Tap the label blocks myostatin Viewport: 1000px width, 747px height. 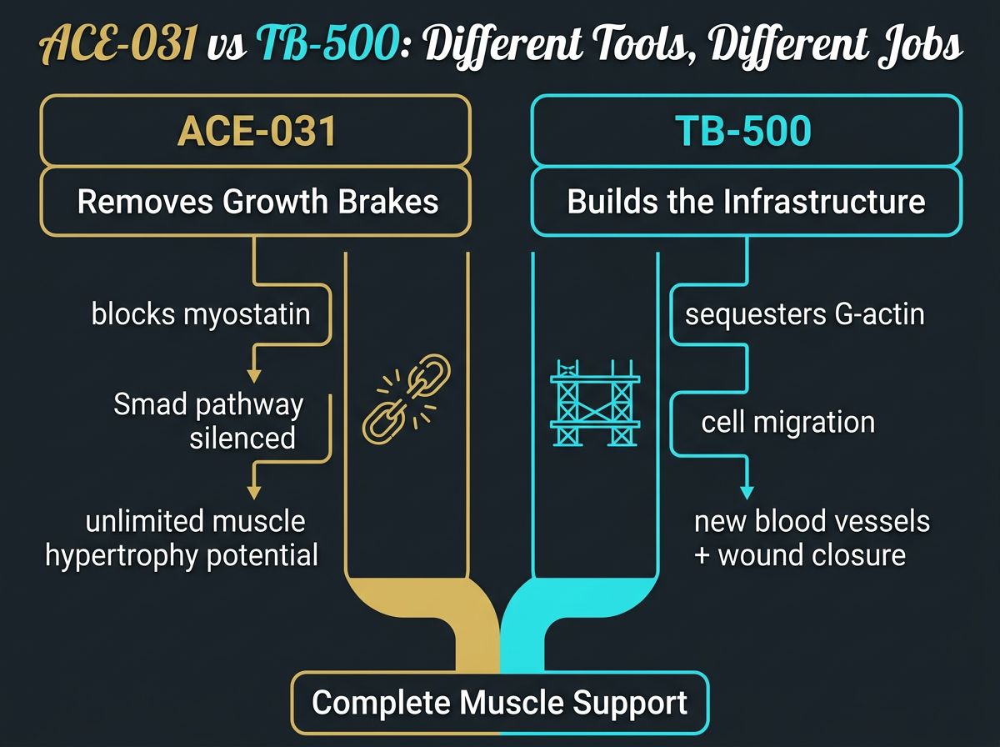click(x=201, y=314)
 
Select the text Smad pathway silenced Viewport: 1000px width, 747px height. click(x=208, y=421)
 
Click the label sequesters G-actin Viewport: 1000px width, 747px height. click(x=804, y=315)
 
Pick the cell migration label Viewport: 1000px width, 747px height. click(x=787, y=422)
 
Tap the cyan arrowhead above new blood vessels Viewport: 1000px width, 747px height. click(x=747, y=491)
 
